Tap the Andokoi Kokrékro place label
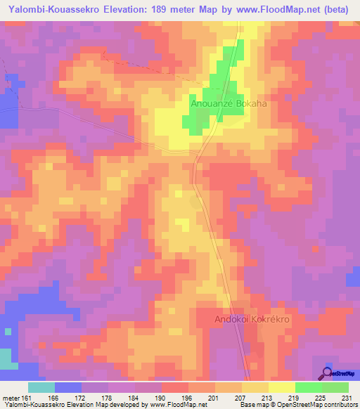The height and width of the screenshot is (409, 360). [251, 319]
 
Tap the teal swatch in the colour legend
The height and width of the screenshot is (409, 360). [41, 387]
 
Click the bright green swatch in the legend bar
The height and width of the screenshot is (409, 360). [309, 387]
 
